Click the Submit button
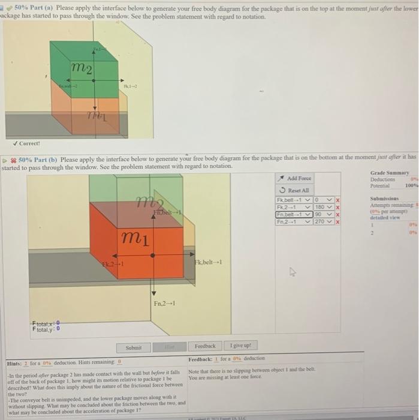[133, 347]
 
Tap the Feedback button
[205, 347]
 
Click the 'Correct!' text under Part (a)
[29, 143]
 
